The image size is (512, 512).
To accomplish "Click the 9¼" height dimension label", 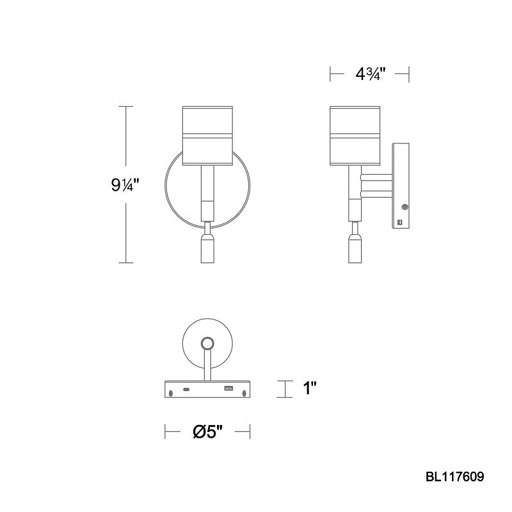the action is (x=125, y=185).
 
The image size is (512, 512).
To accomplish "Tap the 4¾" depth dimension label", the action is (x=371, y=74).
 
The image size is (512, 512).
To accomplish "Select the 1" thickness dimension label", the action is (x=310, y=388).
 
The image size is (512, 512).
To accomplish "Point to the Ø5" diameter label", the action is (x=207, y=431).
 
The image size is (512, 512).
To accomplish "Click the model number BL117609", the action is (x=454, y=477).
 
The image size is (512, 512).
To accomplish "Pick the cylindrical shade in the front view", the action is (x=207, y=136).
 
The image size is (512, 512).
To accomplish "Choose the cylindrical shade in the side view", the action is (x=355, y=136).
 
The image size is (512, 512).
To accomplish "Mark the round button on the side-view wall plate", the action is (x=404, y=207).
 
